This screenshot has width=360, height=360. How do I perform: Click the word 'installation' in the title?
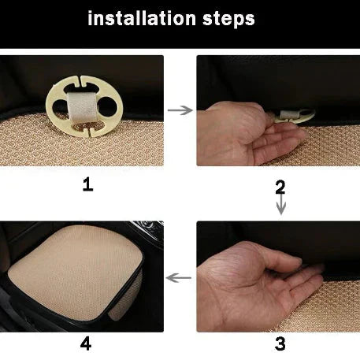tap(141, 19)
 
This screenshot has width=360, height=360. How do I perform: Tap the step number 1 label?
tap(87, 184)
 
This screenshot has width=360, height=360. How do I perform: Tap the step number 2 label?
tap(280, 187)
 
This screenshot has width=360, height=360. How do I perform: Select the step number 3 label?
tap(280, 343)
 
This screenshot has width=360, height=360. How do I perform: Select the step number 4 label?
tap(86, 343)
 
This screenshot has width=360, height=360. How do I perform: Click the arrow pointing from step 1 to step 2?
tap(180, 110)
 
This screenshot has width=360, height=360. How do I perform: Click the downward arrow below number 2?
tap(280, 206)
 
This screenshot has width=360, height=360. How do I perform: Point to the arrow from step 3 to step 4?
tap(180, 277)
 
